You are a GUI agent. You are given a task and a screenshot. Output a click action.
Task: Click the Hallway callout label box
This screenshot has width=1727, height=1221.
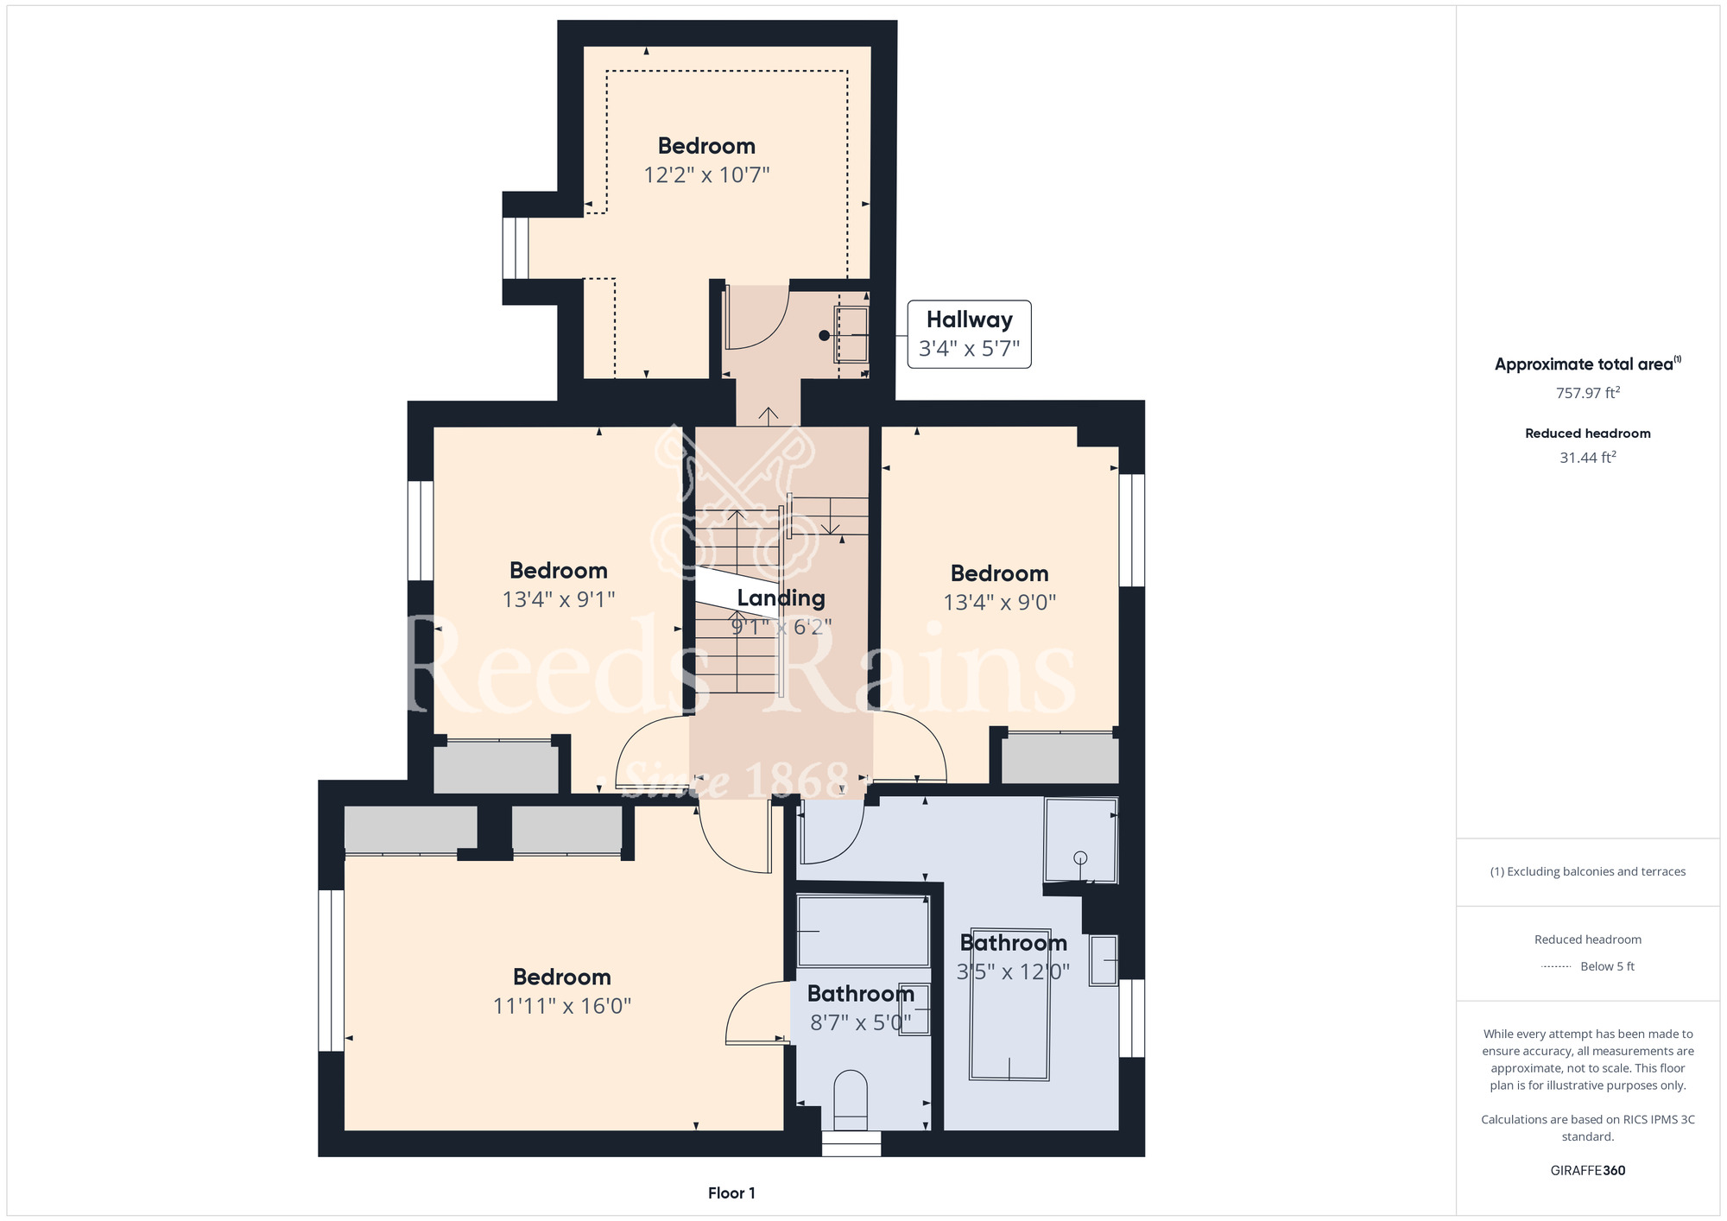tap(969, 334)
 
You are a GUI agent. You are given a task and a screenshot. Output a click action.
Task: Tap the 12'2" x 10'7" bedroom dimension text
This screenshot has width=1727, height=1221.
tap(706, 175)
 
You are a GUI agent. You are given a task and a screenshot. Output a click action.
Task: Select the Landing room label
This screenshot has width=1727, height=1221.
tap(781, 598)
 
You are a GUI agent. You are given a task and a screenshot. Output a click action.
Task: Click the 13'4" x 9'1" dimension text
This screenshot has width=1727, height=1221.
tap(559, 599)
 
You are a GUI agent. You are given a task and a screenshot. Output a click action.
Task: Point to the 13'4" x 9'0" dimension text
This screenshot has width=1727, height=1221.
tap(999, 602)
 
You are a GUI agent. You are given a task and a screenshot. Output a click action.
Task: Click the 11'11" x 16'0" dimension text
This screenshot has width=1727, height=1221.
tap(562, 1006)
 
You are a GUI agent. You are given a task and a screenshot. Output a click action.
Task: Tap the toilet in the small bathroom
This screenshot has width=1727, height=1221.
tap(851, 1100)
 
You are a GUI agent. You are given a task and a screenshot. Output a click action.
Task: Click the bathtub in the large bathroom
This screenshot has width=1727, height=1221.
tap(1009, 1004)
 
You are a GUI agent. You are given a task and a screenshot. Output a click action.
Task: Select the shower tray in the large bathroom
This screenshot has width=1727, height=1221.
tap(1081, 840)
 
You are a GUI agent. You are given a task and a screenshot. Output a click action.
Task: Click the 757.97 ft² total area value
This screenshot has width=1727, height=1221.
tap(1587, 393)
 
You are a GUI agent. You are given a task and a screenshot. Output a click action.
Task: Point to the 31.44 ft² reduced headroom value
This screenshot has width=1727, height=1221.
tap(1587, 458)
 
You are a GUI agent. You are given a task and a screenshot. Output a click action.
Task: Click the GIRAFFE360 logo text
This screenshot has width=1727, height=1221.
tap(1587, 1171)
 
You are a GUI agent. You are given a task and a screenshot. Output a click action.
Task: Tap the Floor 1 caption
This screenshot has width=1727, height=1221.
tap(731, 1193)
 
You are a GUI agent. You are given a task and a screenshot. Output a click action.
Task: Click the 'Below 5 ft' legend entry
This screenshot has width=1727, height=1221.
tap(1607, 966)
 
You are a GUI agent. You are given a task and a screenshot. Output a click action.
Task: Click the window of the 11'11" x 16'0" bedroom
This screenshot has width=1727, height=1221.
tap(331, 971)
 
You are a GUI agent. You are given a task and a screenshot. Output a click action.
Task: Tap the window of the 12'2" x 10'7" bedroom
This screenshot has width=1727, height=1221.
tap(516, 248)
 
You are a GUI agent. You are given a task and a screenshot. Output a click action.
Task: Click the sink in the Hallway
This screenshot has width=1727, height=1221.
tap(851, 334)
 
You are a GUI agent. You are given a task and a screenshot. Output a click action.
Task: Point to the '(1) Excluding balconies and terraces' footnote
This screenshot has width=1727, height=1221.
tap(1587, 872)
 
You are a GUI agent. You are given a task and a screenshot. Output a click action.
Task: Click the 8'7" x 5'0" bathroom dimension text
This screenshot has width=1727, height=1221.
tap(860, 1023)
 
